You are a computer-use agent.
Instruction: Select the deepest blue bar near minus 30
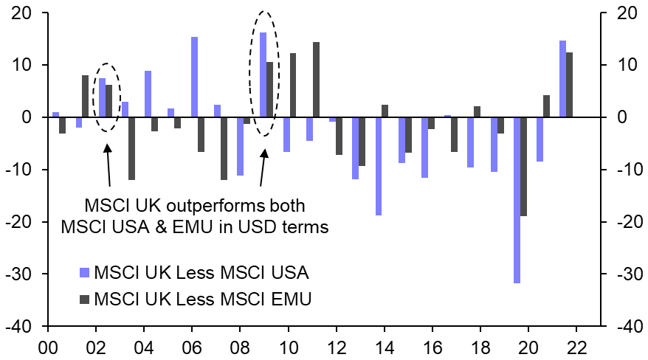(x=517, y=200)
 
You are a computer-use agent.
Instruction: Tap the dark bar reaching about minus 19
(x=524, y=166)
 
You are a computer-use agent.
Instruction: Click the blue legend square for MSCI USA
(x=83, y=273)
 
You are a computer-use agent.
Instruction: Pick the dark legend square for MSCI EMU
(x=83, y=299)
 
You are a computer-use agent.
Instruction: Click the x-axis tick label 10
(x=288, y=345)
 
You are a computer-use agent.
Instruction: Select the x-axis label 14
(x=384, y=345)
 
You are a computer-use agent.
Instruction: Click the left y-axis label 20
(x=21, y=13)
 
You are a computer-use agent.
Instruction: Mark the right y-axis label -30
(x=621, y=274)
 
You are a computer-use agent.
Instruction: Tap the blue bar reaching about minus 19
(x=379, y=166)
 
